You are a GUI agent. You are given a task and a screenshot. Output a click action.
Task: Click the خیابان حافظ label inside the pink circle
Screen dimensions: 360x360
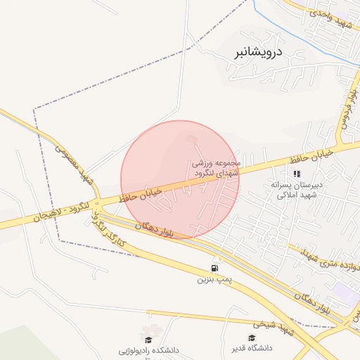pyautogui.click(x=143, y=194)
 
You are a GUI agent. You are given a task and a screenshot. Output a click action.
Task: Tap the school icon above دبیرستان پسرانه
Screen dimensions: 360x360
pyautogui.click(x=297, y=173)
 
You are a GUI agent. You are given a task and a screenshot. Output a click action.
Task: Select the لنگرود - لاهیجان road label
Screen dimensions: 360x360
pyautogui.click(x=52, y=212)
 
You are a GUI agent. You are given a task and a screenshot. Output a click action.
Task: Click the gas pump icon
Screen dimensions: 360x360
pyautogui.click(x=214, y=269)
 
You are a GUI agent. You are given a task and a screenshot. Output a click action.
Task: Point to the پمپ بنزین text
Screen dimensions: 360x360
pyautogui.click(x=214, y=280)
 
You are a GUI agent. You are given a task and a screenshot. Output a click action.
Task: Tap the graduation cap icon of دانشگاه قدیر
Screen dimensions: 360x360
pyautogui.click(x=252, y=337)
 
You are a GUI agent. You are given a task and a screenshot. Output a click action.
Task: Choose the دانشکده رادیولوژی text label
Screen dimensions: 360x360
pyautogui.click(x=146, y=349)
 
